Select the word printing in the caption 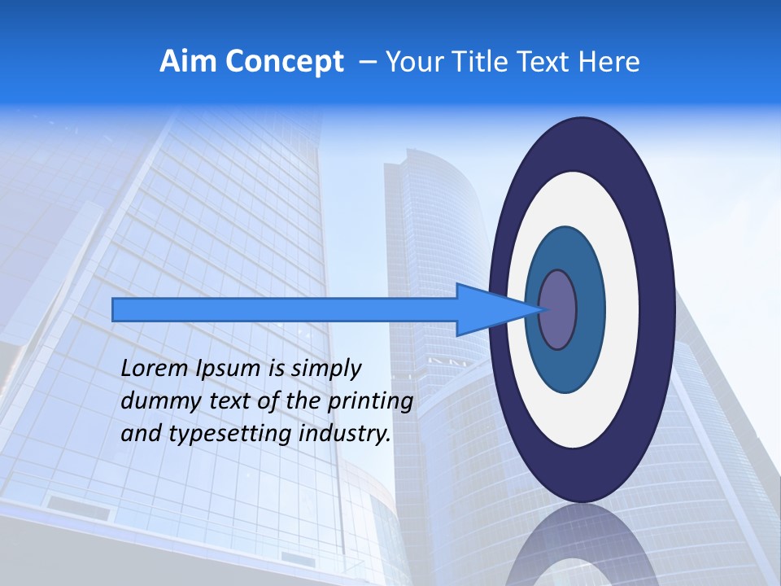[x=369, y=402]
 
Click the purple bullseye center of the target [x=557, y=309]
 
